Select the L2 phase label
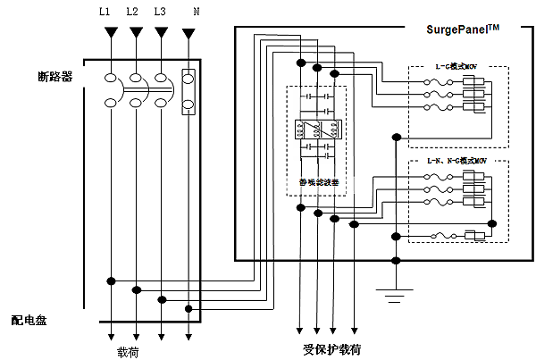[133, 12]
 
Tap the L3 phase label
[159, 12]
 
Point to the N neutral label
[196, 12]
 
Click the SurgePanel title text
[463, 29]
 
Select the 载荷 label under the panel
[129, 351]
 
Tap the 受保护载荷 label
[331, 348]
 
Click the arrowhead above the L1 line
[111, 33]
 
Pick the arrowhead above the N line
[188, 34]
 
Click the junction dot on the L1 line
[111, 280]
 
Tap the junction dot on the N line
[188, 308]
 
